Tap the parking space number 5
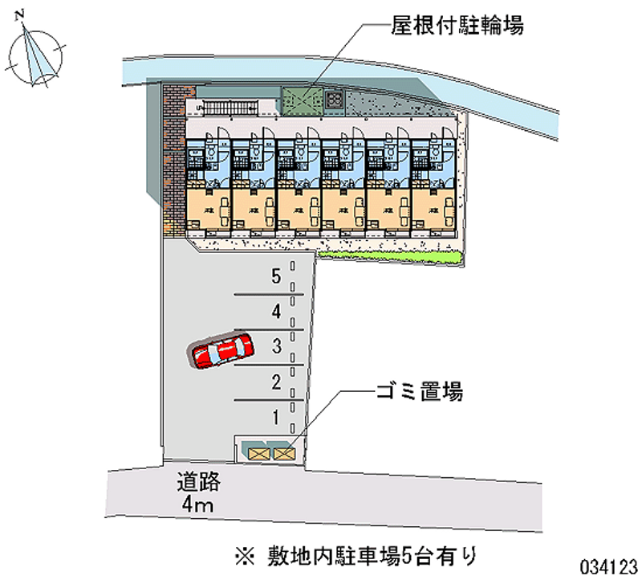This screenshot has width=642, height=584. [276, 277]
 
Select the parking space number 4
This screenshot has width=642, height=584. [276, 311]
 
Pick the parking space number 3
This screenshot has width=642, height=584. [276, 346]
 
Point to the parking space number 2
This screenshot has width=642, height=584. [276, 382]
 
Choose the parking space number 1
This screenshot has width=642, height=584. [276, 417]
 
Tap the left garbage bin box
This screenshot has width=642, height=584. [260, 454]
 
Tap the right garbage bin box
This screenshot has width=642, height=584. [284, 454]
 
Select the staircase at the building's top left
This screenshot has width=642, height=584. [230, 107]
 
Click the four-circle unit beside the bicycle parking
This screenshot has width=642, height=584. [335, 100]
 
